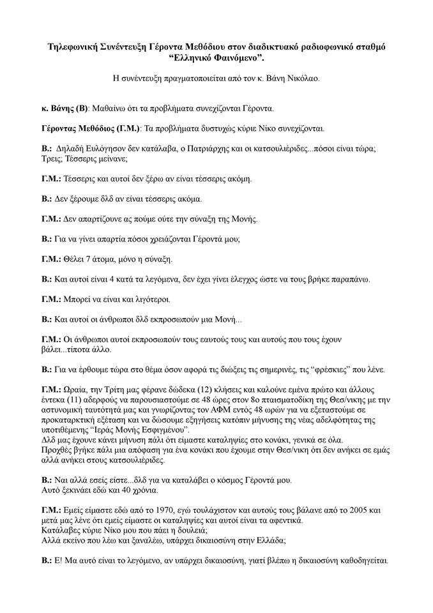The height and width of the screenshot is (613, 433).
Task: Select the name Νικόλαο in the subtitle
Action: click(x=300, y=80)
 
